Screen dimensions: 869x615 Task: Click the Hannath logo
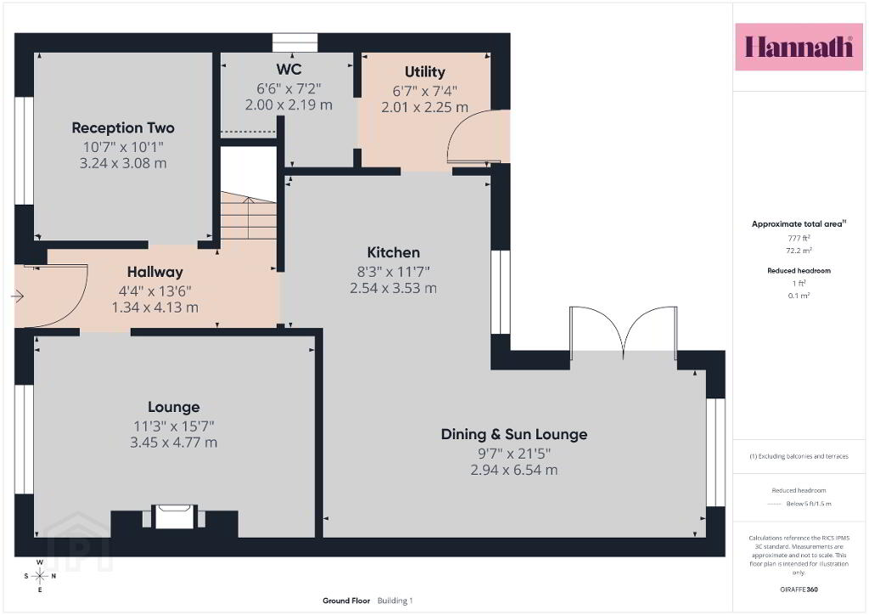(799, 47)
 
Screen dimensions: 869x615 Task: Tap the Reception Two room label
(123, 128)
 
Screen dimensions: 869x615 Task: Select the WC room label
(289, 70)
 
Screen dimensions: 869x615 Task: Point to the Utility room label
(424, 72)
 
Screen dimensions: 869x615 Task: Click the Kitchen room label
(394, 253)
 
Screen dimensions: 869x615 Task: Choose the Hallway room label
(155, 273)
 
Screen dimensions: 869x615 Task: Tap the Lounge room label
(173, 407)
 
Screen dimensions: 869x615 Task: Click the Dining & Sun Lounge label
(514, 434)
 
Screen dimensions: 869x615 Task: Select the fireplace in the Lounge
(175, 516)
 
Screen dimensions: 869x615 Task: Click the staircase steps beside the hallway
(249, 217)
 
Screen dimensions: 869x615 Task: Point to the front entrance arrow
(17, 296)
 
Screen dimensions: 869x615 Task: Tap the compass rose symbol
(40, 576)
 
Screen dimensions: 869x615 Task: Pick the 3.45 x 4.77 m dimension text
(173, 443)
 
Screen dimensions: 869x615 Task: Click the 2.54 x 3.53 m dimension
(394, 288)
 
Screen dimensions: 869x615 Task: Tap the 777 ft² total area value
(799, 238)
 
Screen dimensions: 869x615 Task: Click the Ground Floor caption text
(346, 601)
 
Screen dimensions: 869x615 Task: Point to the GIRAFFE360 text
(799, 589)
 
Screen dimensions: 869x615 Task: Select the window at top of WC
(294, 42)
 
